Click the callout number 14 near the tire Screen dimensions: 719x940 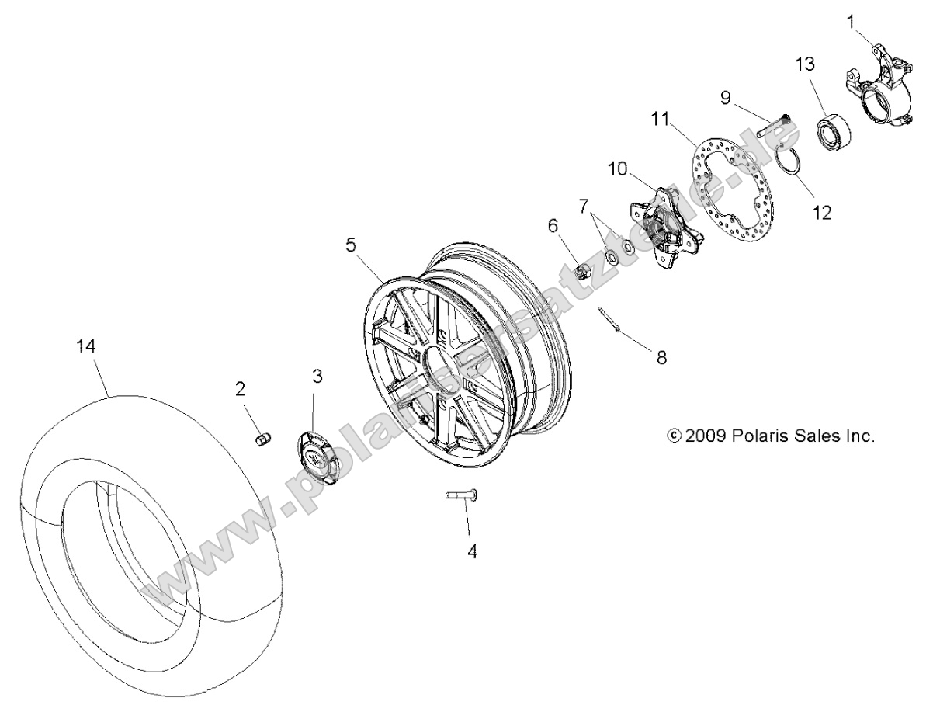(x=86, y=347)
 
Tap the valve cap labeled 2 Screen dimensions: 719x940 (x=264, y=440)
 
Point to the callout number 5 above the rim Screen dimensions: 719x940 (x=351, y=245)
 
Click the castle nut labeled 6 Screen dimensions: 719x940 (x=581, y=272)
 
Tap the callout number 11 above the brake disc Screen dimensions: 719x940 (x=660, y=119)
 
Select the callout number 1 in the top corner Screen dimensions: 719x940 (x=851, y=22)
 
